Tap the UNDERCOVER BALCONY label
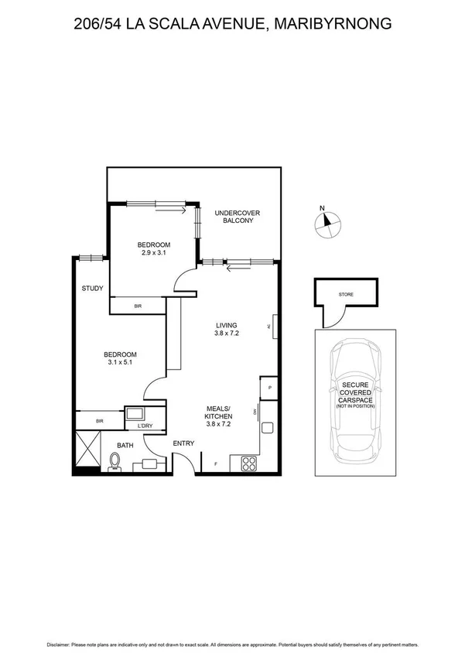point(234,216)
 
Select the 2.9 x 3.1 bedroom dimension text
point(156,252)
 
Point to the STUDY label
point(93,289)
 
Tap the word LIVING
point(227,325)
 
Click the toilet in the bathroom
point(115,462)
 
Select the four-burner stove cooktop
point(250,464)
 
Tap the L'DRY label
point(145,426)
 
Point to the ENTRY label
point(183,443)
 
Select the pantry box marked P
point(269,388)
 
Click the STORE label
point(346,295)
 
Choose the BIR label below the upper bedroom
point(138,306)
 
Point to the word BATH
point(125,445)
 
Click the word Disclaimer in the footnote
point(61,645)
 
